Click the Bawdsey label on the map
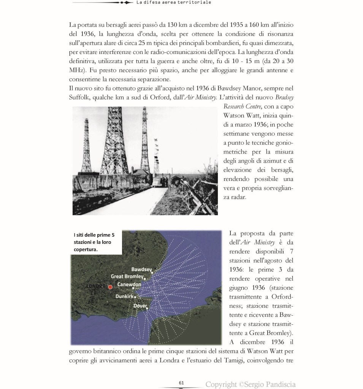pos(141,270)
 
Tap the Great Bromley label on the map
pos(127,277)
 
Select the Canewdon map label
pos(129,285)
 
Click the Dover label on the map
pos(140,305)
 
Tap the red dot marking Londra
pos(110,287)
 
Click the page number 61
pos(181,383)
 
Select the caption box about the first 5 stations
pos(97,242)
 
